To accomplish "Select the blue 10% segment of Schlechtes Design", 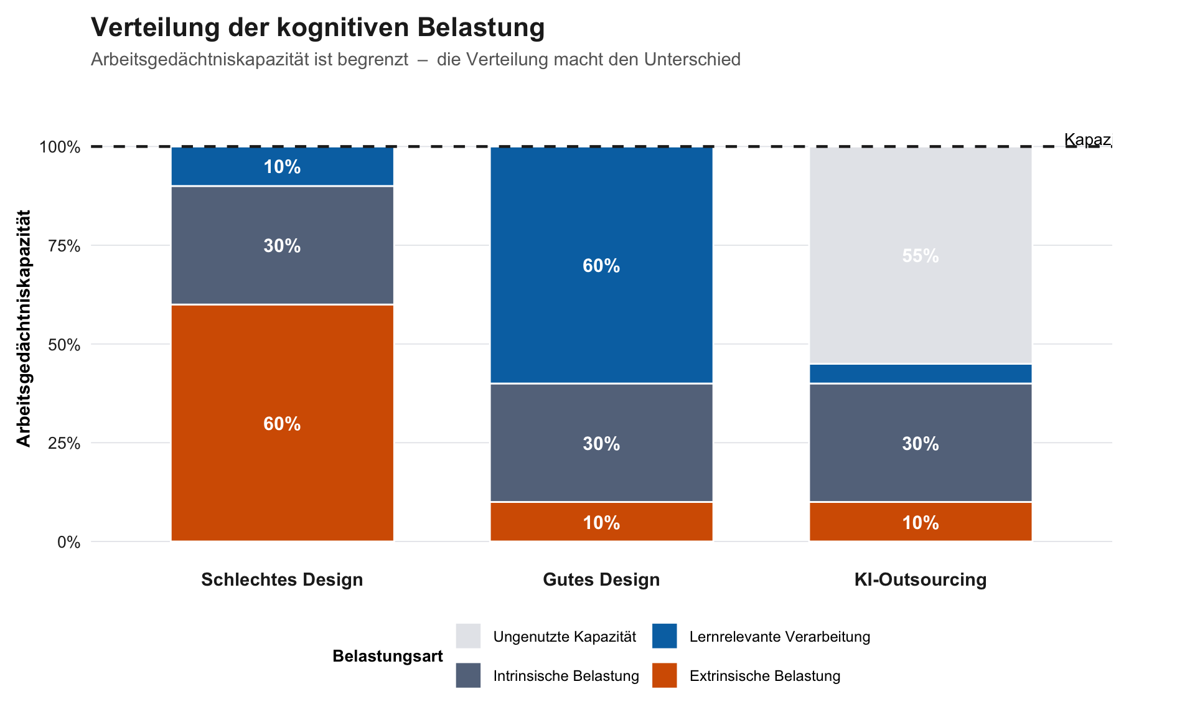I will coord(282,166).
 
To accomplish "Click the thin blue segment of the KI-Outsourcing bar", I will coord(921,373).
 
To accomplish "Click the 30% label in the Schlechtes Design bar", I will coord(282,246).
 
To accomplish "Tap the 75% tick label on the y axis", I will coord(64,246).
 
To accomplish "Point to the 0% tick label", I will coord(68,542).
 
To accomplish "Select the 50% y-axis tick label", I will coord(64,345).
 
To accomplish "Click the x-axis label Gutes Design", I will coord(601,579).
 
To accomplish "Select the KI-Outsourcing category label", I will coord(921,579).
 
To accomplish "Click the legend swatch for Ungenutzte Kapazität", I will coord(468,636).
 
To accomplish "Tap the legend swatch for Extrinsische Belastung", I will coord(664,675).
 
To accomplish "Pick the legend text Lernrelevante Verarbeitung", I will coord(779,637).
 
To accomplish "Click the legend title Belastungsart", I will coord(387,656).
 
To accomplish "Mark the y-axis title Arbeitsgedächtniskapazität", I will coord(24,329).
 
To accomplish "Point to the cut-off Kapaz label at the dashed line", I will coord(1087,139).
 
